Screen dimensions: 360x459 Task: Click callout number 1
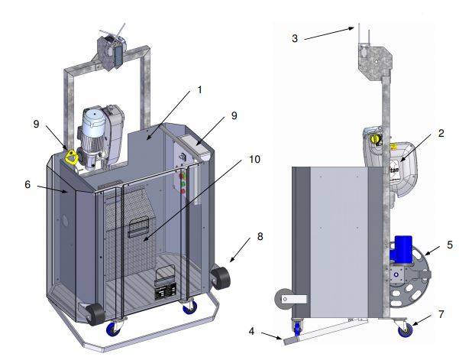click(x=199, y=89)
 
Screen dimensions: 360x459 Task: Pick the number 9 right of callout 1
click(x=234, y=115)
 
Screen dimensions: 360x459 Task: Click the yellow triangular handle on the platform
click(x=73, y=157)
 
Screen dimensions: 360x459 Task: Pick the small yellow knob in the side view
click(x=374, y=138)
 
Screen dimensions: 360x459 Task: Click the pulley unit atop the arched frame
click(x=110, y=52)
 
